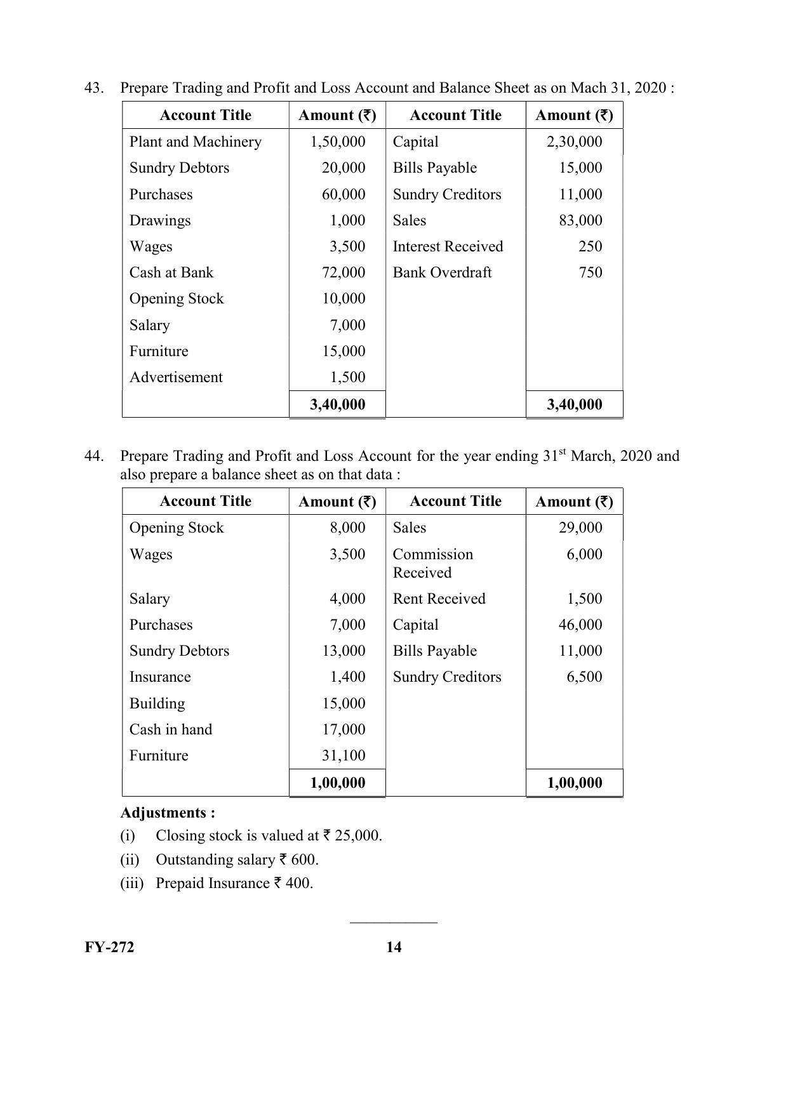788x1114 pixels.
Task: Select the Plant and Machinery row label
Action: pyautogui.click(x=195, y=142)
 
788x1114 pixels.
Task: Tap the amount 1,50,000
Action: pyautogui.click(x=337, y=142)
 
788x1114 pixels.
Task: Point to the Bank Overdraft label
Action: pyautogui.click(x=442, y=272)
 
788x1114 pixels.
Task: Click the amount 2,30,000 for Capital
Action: pyautogui.click(x=574, y=142)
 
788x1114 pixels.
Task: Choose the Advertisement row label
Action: pyautogui.click(x=176, y=377)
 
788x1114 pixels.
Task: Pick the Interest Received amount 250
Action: pyautogui.click(x=590, y=246)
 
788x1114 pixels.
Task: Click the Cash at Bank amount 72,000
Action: pyautogui.click(x=344, y=272)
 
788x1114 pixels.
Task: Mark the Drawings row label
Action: pyautogui.click(x=160, y=220)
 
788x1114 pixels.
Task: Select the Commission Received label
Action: pyautogui.click(x=432, y=563)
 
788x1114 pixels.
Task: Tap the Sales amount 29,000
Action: pyautogui.click(x=580, y=527)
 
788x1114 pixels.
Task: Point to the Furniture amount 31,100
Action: pyautogui.click(x=344, y=755)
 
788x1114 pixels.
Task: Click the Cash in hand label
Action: pyautogui.click(x=171, y=729)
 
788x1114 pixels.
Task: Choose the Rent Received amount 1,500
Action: pyautogui.click(x=584, y=599)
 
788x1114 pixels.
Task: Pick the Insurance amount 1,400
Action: pyautogui.click(x=347, y=677)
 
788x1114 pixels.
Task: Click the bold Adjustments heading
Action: pyautogui.click(x=168, y=812)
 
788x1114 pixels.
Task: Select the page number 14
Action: pyautogui.click(x=394, y=947)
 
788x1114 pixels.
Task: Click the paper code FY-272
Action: pyautogui.click(x=109, y=947)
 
